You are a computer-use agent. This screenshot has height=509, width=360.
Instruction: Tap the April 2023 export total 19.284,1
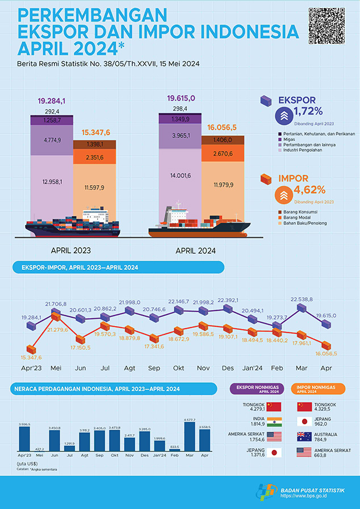tap(52, 101)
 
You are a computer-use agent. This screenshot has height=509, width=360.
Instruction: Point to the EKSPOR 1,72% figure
tap(308, 111)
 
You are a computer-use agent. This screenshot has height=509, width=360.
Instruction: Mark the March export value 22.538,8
tap(301, 299)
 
